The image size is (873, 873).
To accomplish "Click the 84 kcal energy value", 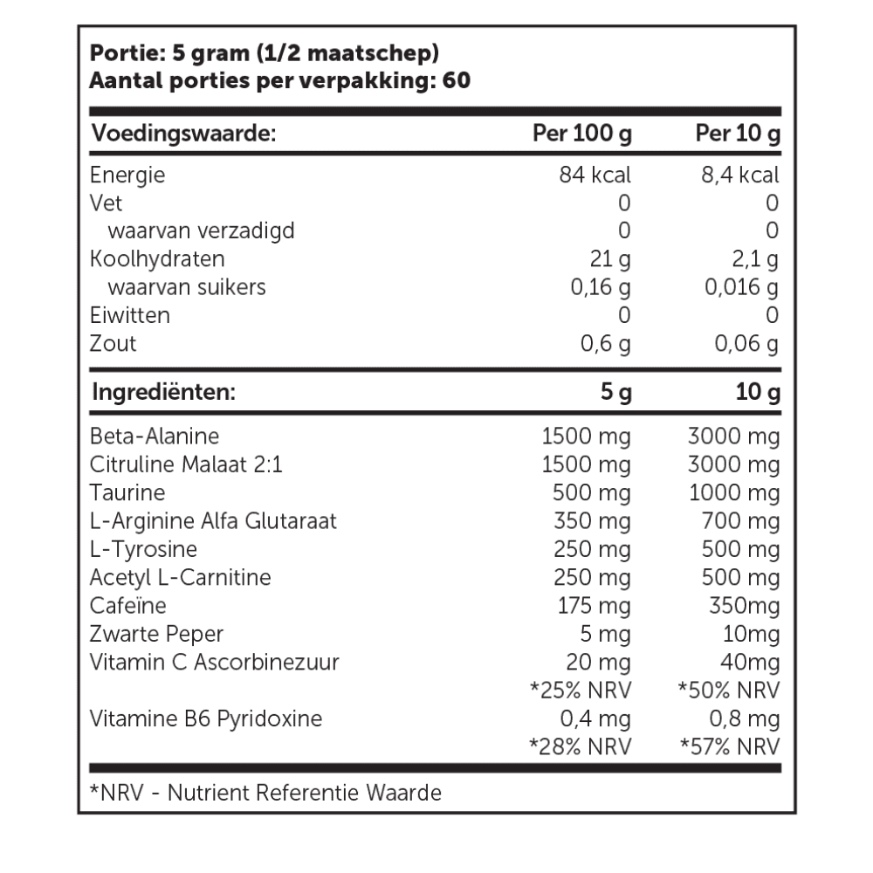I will (595, 175).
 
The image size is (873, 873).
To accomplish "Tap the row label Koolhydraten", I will (157, 259).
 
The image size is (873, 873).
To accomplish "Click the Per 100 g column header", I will (582, 134).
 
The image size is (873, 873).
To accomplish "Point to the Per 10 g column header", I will (737, 134).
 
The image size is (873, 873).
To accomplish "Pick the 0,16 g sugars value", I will (600, 287).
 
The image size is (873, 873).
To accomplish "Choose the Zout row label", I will (113, 343).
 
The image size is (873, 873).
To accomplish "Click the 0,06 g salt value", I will (746, 343).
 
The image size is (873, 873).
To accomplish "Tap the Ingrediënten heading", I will (163, 392).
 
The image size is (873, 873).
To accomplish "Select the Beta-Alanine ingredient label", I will (155, 436).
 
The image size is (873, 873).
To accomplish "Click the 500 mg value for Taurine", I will (592, 493).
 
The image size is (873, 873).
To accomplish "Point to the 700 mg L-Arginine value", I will (740, 521).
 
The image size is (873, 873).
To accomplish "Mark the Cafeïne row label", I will (127, 605).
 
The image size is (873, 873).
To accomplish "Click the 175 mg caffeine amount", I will (594, 605).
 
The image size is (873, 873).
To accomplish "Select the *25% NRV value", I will (580, 690).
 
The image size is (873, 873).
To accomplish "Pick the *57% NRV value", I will (728, 746).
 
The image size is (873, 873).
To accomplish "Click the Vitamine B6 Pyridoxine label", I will (206, 718).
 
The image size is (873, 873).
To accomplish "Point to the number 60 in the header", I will (457, 81).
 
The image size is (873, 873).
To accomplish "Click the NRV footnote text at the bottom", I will (265, 793).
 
